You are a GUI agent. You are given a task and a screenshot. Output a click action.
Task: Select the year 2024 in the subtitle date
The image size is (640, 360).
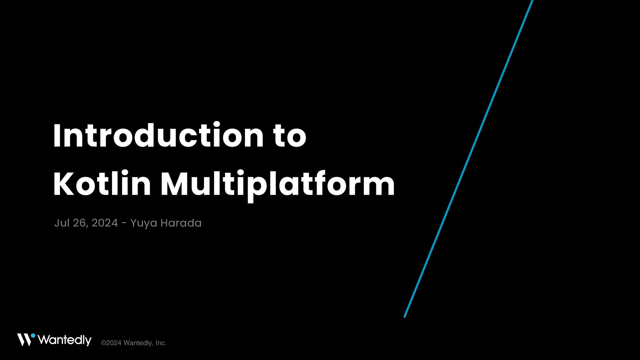tap(105, 223)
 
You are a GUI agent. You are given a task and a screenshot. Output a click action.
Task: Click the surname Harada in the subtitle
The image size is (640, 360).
tap(181, 223)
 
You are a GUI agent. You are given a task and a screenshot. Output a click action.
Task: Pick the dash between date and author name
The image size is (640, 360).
tap(124, 223)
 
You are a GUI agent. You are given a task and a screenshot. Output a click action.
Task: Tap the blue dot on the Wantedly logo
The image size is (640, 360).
tap(33, 336)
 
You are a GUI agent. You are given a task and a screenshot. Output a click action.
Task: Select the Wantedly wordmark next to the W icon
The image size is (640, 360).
tap(65, 340)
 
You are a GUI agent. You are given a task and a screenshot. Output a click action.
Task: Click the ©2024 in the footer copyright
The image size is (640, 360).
tap(111, 343)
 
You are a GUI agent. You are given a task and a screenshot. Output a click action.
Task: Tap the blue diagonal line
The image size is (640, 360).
tap(468, 159)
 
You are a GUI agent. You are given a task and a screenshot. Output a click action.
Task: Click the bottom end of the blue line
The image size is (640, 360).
tap(404, 317)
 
